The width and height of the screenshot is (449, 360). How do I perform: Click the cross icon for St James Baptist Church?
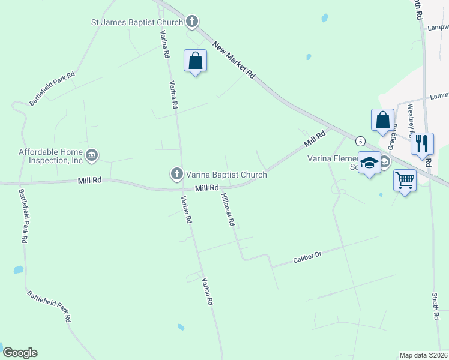[x=191, y=23]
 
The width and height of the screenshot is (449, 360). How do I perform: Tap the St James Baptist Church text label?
[x=137, y=23]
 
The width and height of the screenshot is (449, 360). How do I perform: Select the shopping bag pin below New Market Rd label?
[x=195, y=61]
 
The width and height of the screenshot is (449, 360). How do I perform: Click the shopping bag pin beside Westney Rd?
[x=382, y=121]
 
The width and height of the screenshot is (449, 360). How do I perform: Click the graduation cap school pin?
[x=369, y=163]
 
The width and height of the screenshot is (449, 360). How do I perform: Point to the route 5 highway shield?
[x=360, y=141]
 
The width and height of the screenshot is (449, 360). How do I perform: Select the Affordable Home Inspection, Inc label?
[x=50, y=156]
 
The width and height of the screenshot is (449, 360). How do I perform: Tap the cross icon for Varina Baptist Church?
[x=176, y=175]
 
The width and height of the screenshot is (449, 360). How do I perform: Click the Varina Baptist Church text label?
[x=226, y=175]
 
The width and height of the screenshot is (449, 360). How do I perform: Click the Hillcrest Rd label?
[x=227, y=209]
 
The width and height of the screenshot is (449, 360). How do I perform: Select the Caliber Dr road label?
[x=307, y=257]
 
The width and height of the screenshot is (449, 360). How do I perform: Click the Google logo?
[x=20, y=353]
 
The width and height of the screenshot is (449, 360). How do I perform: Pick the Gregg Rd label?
[x=391, y=139]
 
